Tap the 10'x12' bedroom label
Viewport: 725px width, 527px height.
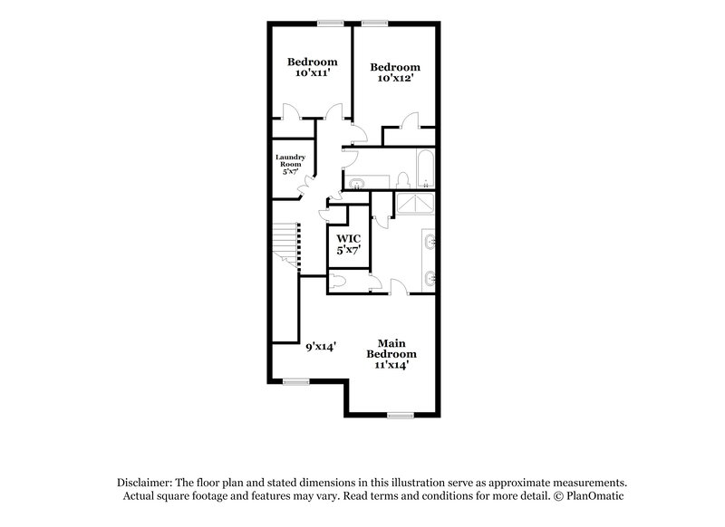395,72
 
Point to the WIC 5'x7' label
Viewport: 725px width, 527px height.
349,244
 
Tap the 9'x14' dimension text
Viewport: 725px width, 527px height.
321,346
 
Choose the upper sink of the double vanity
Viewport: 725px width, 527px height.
429,241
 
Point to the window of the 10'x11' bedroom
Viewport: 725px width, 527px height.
329,22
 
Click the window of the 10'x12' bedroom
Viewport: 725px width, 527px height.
374,22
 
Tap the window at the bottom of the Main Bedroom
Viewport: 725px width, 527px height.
400,415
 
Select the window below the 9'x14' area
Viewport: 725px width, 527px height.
295,379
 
